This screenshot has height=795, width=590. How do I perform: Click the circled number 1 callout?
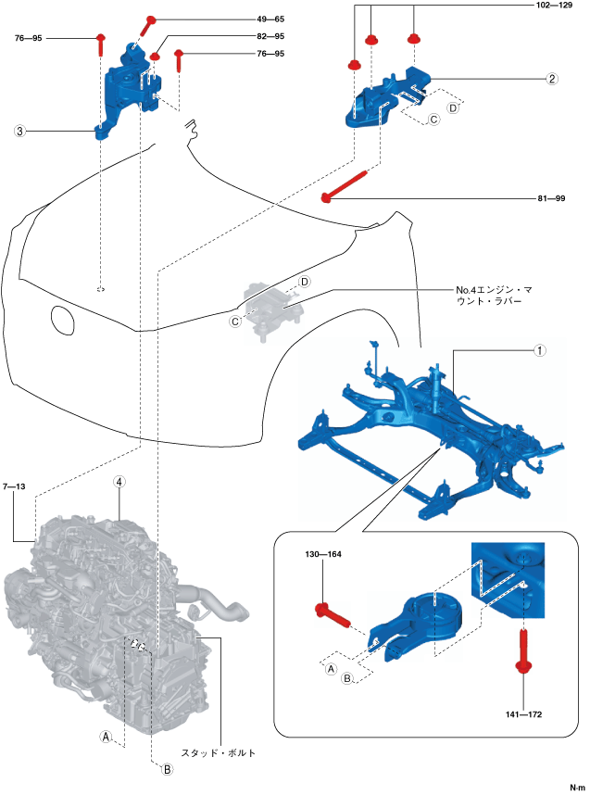pyautogui.click(x=538, y=352)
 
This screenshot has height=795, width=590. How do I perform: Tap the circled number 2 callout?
pyautogui.click(x=552, y=79)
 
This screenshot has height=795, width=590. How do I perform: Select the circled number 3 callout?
pyautogui.click(x=19, y=132)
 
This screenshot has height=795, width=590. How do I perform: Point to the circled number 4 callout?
pyautogui.click(x=119, y=482)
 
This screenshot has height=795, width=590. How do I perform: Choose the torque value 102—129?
pyautogui.click(x=558, y=5)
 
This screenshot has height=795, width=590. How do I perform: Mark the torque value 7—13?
pyautogui.click(x=17, y=486)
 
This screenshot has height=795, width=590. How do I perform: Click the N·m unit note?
pyautogui.click(x=577, y=787)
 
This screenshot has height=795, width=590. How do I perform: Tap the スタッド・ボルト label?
pyautogui.click(x=217, y=752)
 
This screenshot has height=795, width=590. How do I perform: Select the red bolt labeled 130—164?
pyautogui.click(x=331, y=612)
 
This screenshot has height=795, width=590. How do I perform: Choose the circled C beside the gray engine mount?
pyautogui.click(x=236, y=321)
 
